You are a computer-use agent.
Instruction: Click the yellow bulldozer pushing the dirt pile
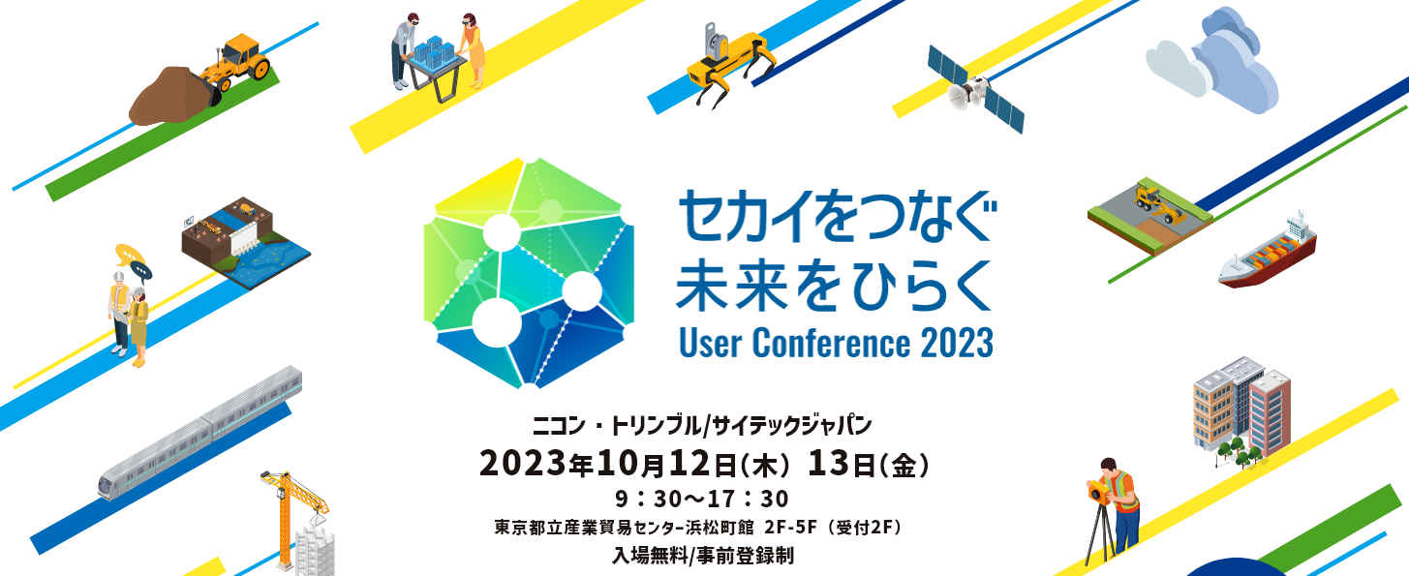click(236, 66)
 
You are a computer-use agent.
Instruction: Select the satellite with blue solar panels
click(975, 89)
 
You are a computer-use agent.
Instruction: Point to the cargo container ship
click(1267, 251)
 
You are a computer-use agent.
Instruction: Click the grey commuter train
click(200, 433)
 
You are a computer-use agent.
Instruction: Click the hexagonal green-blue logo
click(529, 273)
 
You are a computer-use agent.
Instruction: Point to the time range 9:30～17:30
click(702, 500)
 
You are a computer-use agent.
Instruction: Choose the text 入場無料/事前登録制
click(703, 556)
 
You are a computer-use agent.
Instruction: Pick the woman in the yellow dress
click(473, 49)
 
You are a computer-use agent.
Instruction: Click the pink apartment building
click(1270, 411)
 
